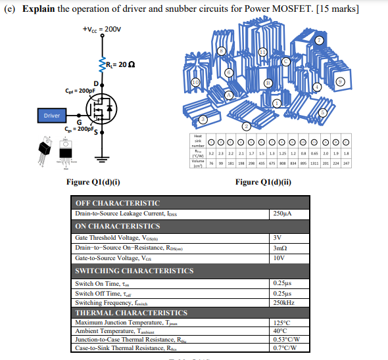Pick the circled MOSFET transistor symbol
coord(102,107)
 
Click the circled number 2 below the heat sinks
coord(245,125)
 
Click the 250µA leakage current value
coord(281,214)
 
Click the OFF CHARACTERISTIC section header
coord(118,203)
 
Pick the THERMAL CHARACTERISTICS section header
coord(132,313)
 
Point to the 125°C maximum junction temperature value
coord(281,323)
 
